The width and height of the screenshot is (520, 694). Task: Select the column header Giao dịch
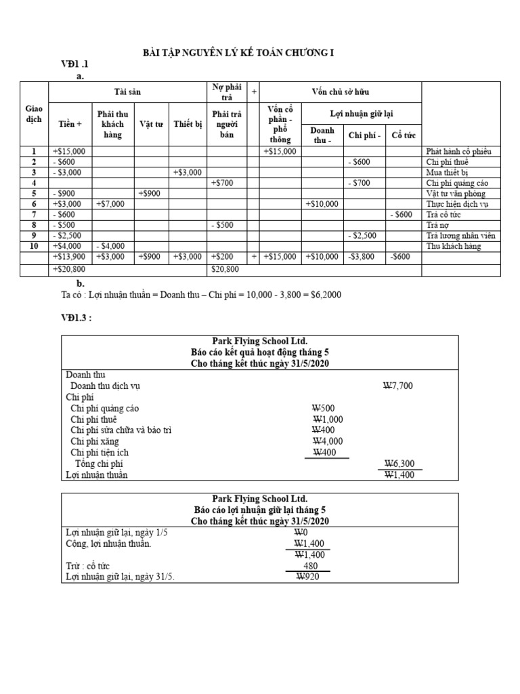coord(34,113)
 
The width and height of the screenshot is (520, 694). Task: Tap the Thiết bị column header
coord(188,124)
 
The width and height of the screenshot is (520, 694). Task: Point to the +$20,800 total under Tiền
coord(68,270)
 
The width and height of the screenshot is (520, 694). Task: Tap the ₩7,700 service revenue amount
coord(397,386)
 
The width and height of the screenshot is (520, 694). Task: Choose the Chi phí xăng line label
coord(95,441)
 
